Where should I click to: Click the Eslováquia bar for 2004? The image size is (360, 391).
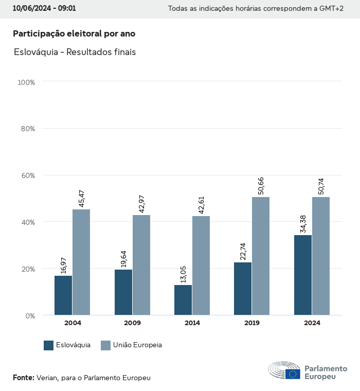[63, 295]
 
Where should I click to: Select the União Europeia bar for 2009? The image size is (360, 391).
[141, 265]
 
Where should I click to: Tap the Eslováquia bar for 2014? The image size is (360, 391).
[183, 300]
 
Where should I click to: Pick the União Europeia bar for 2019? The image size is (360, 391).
[261, 256]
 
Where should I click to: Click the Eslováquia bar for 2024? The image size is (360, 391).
[303, 275]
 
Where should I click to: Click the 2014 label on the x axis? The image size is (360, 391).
[192, 323]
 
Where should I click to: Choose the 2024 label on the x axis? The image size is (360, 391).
[312, 323]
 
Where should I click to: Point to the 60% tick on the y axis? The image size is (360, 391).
[27, 175]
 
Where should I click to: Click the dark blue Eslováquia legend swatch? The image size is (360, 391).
[49, 345]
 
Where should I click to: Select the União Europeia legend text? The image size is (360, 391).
[137, 345]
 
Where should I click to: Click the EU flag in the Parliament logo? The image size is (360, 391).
[293, 374]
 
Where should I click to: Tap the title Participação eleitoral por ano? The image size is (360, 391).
[74, 33]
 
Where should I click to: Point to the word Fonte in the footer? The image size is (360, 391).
[23, 378]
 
